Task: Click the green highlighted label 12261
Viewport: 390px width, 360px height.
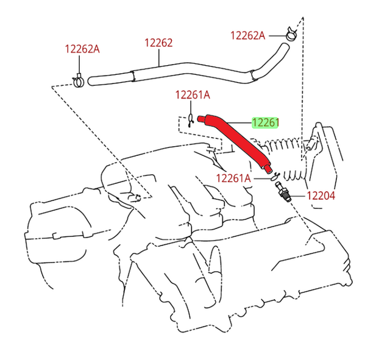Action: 265,122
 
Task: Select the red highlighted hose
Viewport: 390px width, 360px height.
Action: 235,143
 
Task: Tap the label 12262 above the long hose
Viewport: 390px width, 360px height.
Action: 158,43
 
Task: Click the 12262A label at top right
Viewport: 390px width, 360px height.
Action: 248,35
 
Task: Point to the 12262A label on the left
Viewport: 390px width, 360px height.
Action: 82,49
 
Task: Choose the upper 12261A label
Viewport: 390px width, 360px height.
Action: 193,95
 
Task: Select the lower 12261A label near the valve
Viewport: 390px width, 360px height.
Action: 233,178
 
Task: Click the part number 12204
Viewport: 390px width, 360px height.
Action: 321,196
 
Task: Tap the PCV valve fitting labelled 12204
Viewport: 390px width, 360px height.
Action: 283,192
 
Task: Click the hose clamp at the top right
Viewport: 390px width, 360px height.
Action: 291,34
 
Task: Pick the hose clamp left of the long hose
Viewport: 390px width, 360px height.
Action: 78,81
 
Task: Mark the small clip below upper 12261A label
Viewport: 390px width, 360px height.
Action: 191,120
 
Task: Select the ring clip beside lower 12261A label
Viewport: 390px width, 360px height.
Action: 275,177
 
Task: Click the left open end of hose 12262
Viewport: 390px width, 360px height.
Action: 90,81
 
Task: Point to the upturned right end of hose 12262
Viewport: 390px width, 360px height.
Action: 285,46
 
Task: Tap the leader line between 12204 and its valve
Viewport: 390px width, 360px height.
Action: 298,196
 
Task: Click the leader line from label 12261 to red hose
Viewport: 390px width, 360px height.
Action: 239,123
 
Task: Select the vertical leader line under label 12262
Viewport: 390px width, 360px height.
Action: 158,57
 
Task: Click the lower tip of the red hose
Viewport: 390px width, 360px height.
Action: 269,171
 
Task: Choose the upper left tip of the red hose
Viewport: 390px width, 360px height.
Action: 199,119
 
